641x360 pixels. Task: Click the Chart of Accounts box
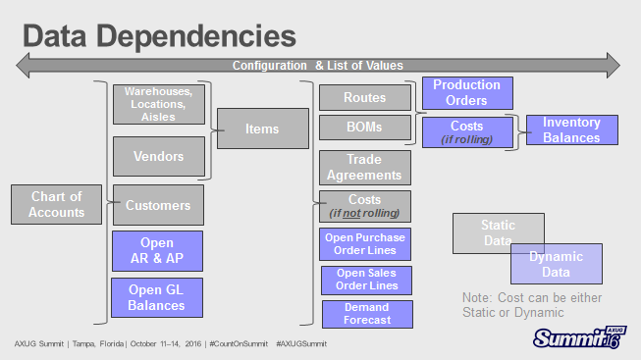(x=56, y=204)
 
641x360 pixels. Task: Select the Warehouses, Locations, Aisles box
(x=157, y=104)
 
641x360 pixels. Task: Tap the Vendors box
(x=157, y=156)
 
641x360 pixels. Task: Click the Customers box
(x=157, y=205)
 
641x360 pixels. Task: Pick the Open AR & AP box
(x=157, y=251)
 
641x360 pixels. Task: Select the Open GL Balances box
(x=157, y=297)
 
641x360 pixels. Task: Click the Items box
(x=262, y=129)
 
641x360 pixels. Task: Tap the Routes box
(x=364, y=98)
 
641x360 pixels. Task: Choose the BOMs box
(x=364, y=128)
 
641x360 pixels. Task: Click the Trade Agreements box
(x=364, y=167)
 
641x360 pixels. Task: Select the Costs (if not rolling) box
(x=364, y=206)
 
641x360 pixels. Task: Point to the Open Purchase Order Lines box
(x=365, y=244)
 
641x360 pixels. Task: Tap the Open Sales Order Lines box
(x=365, y=280)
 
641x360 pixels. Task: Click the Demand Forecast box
(x=367, y=314)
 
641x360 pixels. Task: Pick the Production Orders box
(x=466, y=92)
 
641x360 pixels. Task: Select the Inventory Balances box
(x=572, y=129)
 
